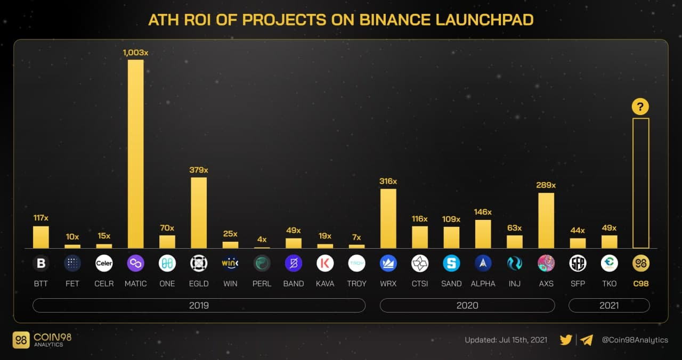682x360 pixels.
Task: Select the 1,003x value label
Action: (x=135, y=53)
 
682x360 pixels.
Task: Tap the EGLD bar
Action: (x=199, y=212)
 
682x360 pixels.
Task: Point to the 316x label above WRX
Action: (x=388, y=181)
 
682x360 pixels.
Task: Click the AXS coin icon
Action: (x=546, y=263)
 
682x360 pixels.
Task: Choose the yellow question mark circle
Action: (x=640, y=107)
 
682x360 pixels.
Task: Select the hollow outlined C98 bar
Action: (x=640, y=183)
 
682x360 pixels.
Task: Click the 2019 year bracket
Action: (x=199, y=305)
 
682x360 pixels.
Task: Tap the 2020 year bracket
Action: (x=467, y=305)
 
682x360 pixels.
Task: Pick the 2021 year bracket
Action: (x=609, y=305)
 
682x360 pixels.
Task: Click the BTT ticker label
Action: (x=40, y=283)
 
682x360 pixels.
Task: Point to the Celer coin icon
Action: (x=104, y=263)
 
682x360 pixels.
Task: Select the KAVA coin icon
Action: (x=325, y=263)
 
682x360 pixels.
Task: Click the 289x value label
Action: (x=546, y=185)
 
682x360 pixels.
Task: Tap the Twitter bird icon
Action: (x=566, y=340)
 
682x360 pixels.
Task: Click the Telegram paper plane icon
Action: (x=587, y=340)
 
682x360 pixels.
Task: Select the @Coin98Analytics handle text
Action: (x=635, y=340)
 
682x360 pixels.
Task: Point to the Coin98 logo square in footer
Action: (x=21, y=340)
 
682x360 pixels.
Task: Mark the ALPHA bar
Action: (x=483, y=234)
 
